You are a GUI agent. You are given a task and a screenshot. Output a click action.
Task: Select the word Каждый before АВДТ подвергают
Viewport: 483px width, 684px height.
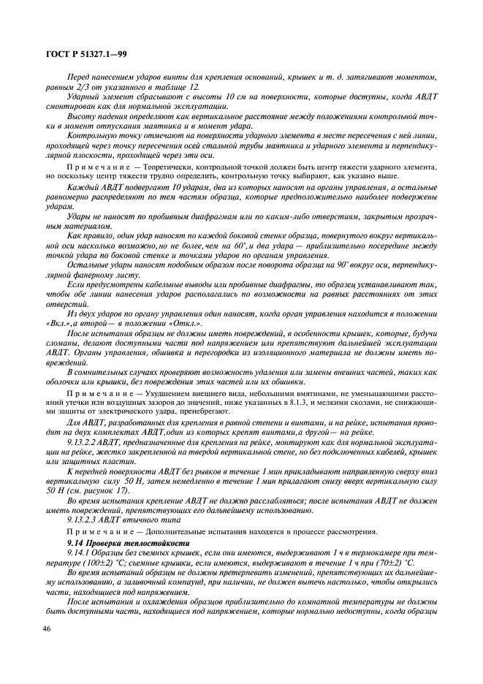(82, 187)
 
